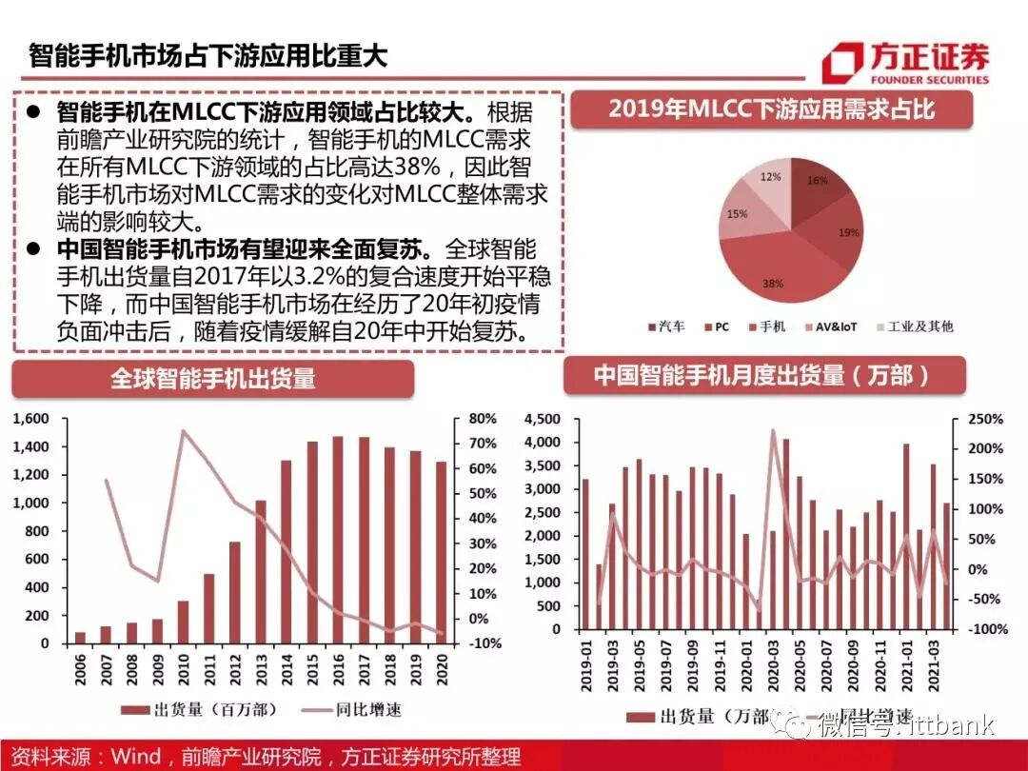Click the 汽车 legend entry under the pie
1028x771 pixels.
pyautogui.click(x=665, y=326)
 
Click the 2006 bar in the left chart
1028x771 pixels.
pyautogui.click(x=80, y=637)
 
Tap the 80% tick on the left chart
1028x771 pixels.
pyautogui.click(x=482, y=419)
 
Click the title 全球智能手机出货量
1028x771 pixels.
pyautogui.click(x=213, y=378)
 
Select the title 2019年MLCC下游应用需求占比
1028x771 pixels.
pyautogui.click(x=771, y=109)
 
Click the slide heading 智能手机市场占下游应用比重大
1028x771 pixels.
pyautogui.click(x=208, y=54)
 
